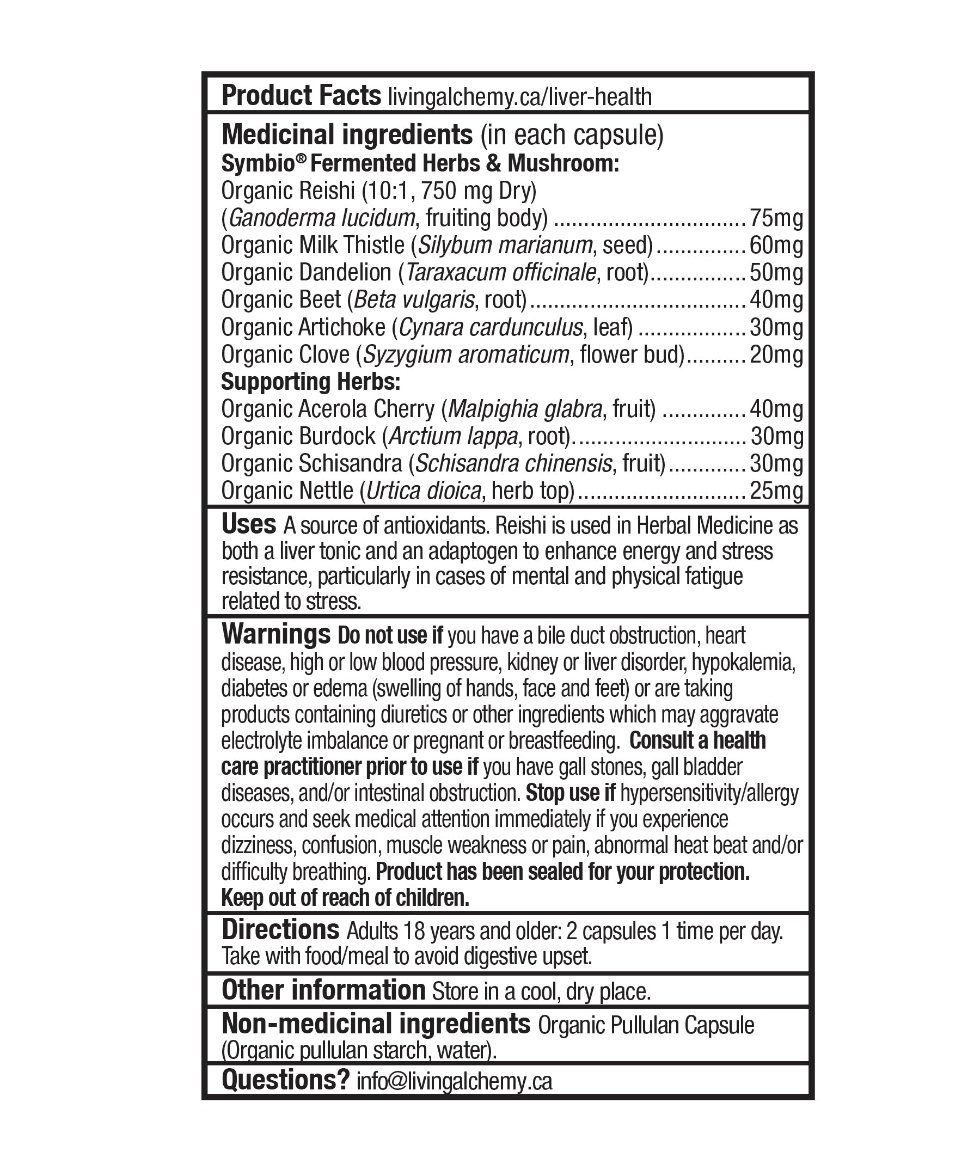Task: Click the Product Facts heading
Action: [x=301, y=96]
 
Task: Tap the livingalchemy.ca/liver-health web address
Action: [x=520, y=97]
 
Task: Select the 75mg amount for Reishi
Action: [x=776, y=218]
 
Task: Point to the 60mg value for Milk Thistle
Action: [x=776, y=246]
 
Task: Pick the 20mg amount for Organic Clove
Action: [x=776, y=355]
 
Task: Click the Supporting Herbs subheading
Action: [x=311, y=382]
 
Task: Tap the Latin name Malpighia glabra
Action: [x=525, y=409]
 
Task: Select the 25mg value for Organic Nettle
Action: [x=776, y=491]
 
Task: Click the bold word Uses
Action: [x=249, y=525]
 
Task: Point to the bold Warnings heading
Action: [x=275, y=634]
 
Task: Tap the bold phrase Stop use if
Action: [x=570, y=793]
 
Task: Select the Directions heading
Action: [x=280, y=930]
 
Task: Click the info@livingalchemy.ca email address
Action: [x=454, y=1081]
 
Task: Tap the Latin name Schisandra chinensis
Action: [x=513, y=464]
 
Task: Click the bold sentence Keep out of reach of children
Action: [x=345, y=898]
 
